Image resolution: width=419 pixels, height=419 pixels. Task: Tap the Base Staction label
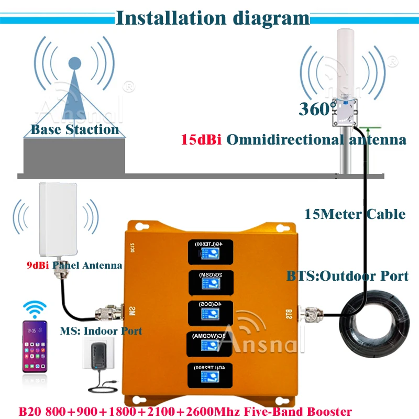pos(75,129)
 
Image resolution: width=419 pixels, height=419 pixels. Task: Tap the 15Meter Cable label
pos(355,214)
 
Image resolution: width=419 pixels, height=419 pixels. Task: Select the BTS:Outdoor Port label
pos(347,275)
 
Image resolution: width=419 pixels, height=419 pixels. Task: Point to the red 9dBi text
pos(38,266)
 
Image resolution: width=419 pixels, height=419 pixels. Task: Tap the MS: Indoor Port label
pos(109,331)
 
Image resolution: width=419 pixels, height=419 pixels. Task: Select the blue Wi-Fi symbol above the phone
pos(35,308)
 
